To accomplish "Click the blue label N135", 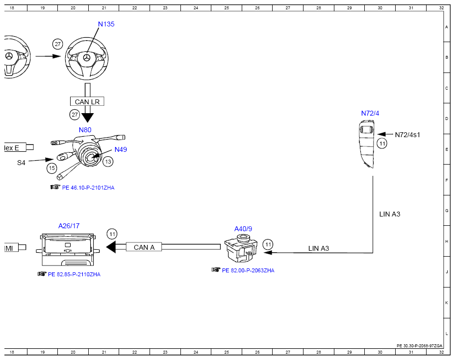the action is [106, 24].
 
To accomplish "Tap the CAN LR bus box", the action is [87, 101].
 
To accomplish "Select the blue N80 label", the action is [85, 130].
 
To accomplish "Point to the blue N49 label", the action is [121, 149].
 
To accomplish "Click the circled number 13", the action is [108, 162].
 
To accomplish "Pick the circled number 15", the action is [52, 168].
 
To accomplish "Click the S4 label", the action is [21, 163].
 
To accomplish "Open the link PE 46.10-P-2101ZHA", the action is [88, 188].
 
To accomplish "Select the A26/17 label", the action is [69, 226].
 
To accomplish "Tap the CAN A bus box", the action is [144, 247].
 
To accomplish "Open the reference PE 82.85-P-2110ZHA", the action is [75, 274].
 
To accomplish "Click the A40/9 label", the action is [243, 229].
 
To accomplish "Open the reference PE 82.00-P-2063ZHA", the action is [248, 270].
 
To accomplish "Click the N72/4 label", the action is [370, 113].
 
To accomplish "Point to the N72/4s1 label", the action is [407, 135].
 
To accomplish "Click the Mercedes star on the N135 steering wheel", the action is [86, 58].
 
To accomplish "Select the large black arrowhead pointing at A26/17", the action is [111, 247].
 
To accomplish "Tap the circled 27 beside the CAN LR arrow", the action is [75, 115].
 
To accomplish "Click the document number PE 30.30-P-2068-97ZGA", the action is [420, 346].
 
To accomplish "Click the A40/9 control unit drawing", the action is [241, 248].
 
